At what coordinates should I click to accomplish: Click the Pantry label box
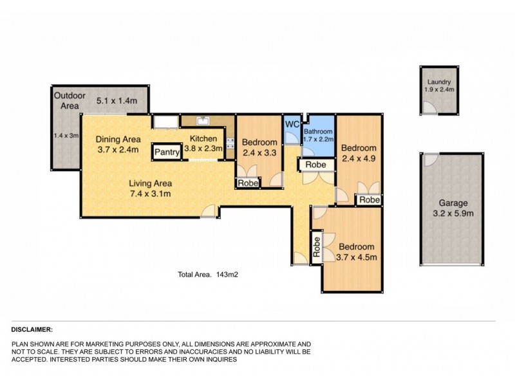(166, 152)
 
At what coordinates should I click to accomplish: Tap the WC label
(292, 124)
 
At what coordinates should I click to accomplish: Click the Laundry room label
(440, 82)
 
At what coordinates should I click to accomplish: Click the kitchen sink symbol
(203, 120)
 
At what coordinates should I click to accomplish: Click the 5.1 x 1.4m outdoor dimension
(118, 101)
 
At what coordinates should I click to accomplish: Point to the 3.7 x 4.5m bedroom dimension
(357, 258)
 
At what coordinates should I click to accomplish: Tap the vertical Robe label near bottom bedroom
(317, 247)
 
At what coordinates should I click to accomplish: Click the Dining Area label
(118, 139)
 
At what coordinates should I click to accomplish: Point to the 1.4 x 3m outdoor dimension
(64, 136)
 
